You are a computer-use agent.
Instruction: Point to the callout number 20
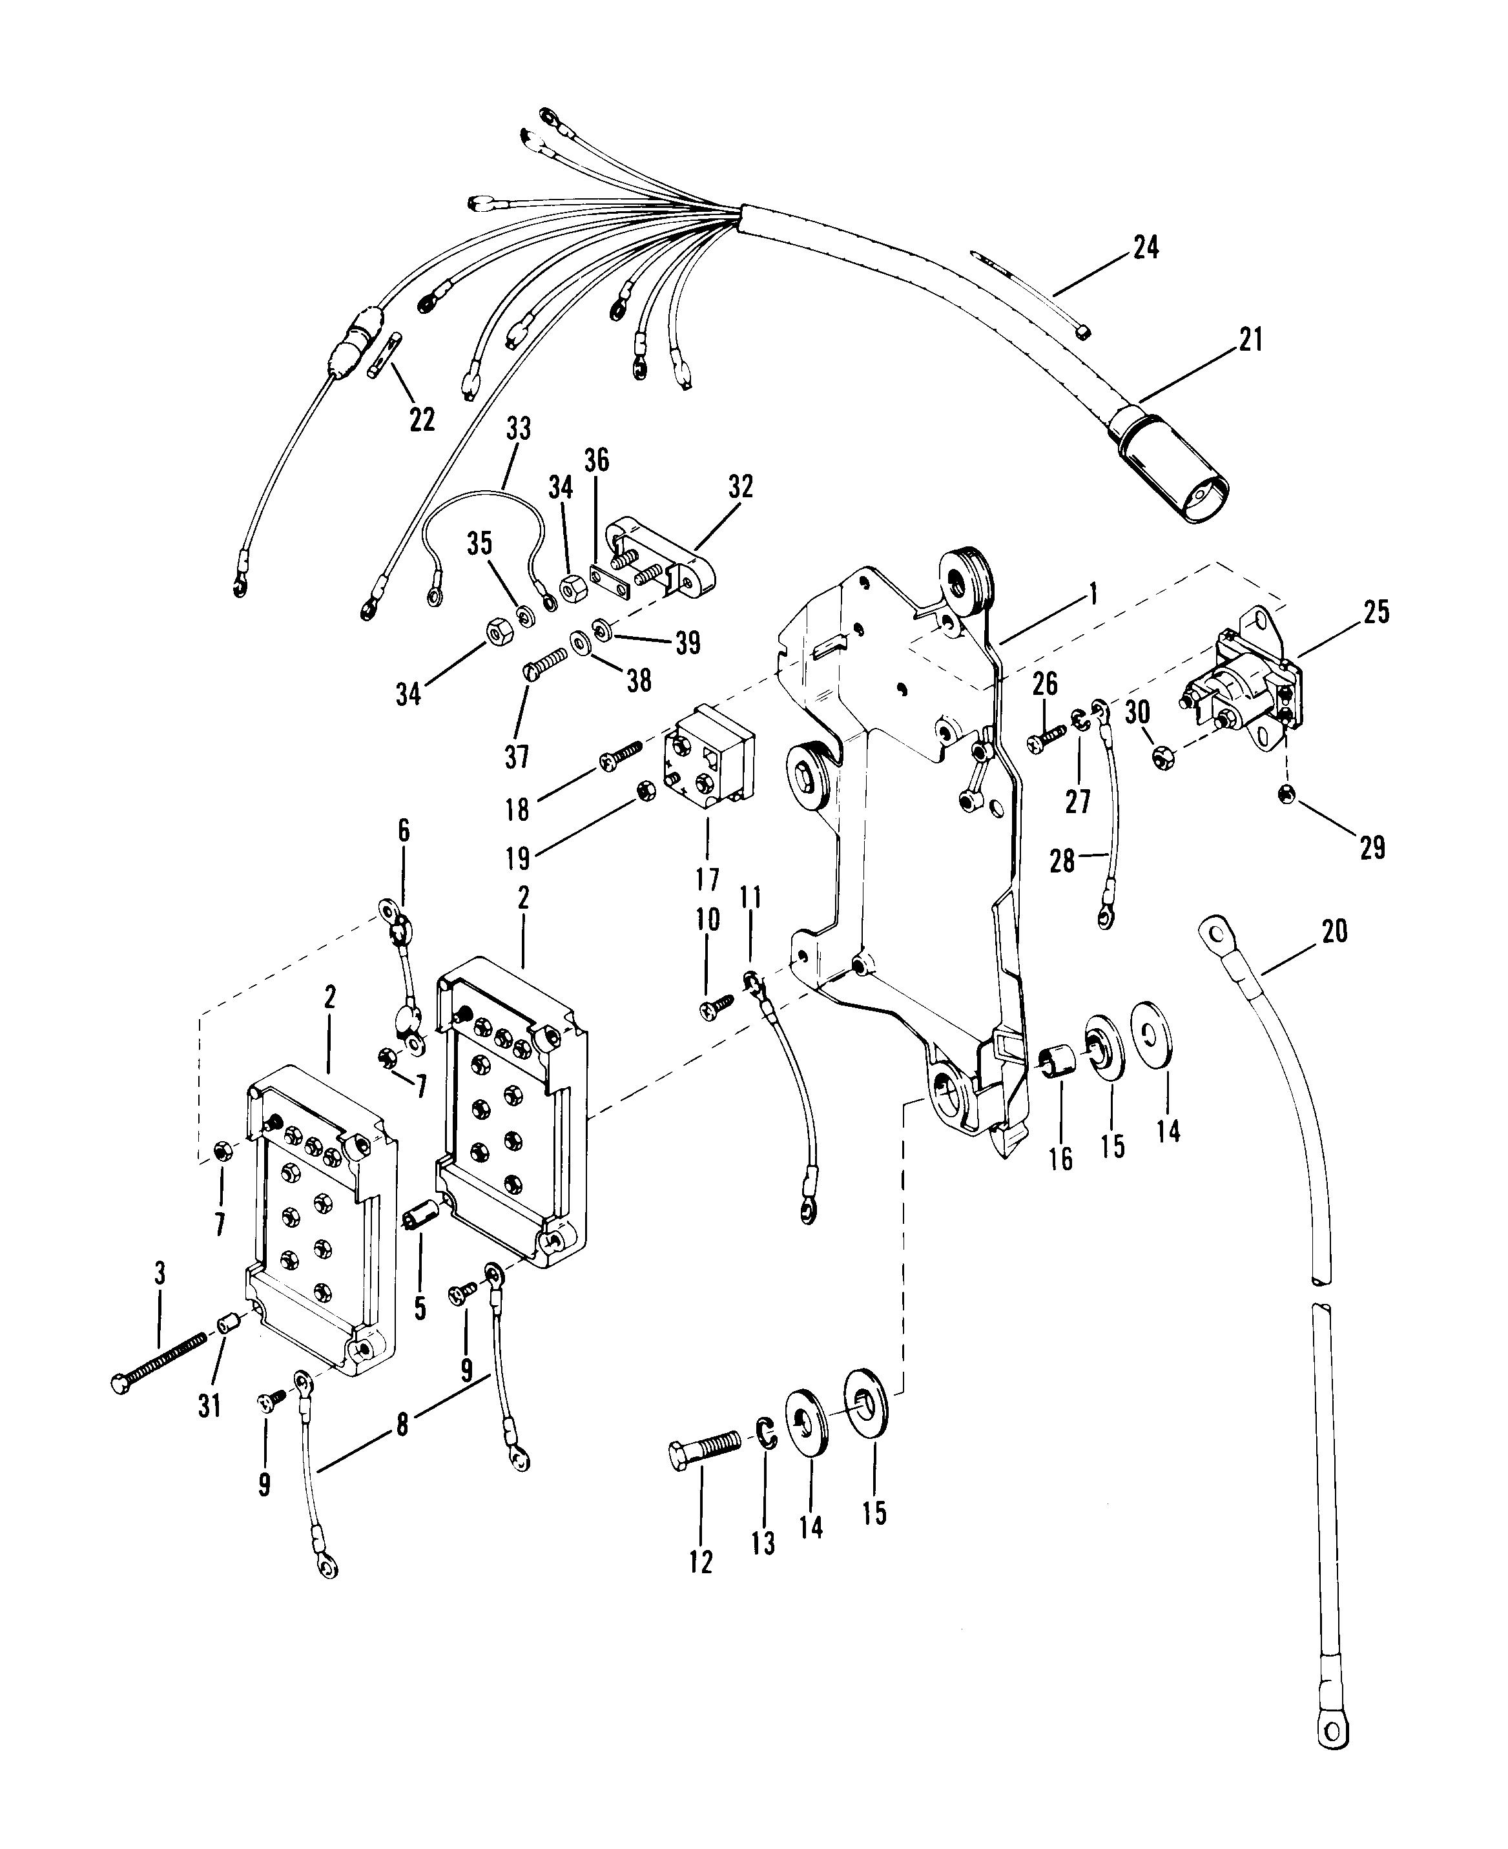pos(1334,932)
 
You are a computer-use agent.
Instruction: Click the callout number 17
pos(708,880)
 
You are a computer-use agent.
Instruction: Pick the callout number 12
pos(700,1562)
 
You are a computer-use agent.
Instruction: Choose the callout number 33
pos(519,428)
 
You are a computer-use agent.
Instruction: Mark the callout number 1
pos(1093,594)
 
